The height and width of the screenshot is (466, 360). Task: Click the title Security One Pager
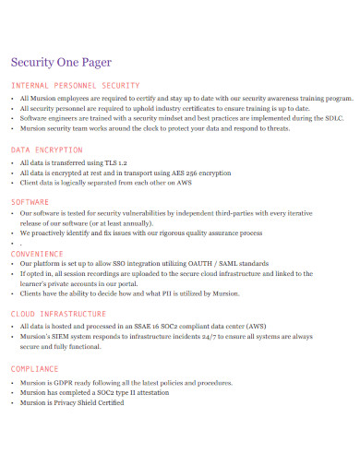pyautogui.click(x=60, y=63)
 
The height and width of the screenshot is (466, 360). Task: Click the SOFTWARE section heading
pyautogui.click(x=30, y=200)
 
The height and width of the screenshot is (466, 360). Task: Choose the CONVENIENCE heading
pyautogui.click(x=37, y=253)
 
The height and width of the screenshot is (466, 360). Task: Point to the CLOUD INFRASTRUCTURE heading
pyautogui.click(x=58, y=314)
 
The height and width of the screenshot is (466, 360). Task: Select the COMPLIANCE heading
pyautogui.click(x=36, y=367)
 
